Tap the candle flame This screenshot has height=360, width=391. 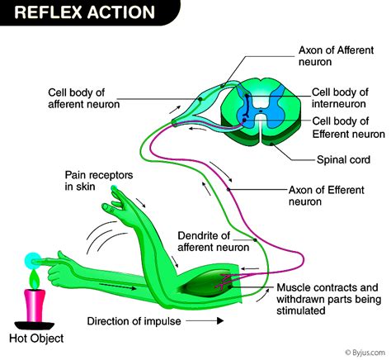33,260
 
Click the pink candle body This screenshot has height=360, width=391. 33,293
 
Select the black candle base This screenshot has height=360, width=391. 33,319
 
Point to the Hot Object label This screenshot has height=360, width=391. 34,339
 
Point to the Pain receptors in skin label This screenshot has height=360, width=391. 99,182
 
